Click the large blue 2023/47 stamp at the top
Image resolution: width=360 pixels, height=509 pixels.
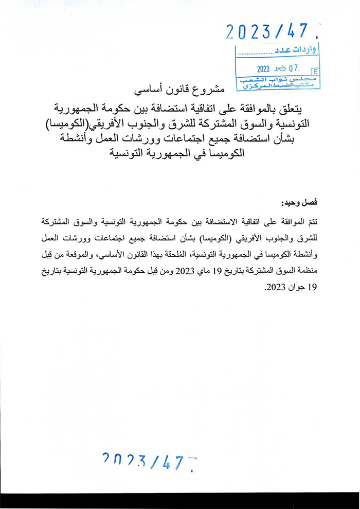point(269,32)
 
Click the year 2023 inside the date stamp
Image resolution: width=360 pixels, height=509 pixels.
point(263,68)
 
